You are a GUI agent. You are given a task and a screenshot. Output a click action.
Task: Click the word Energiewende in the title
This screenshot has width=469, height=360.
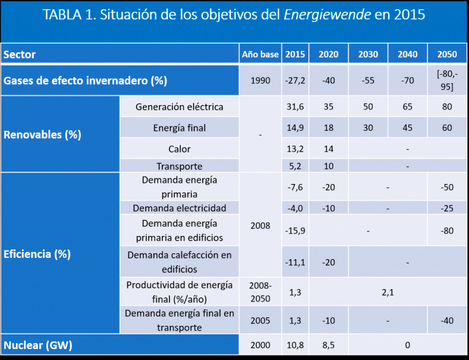point(327,15)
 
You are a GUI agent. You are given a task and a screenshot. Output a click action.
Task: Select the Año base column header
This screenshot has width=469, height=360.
point(260,54)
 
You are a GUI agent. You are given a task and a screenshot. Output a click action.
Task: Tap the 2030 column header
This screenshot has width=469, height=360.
point(368,54)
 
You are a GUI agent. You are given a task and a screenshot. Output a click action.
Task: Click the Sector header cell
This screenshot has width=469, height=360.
point(20,54)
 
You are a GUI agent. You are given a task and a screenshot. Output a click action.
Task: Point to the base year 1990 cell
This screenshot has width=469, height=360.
point(260,80)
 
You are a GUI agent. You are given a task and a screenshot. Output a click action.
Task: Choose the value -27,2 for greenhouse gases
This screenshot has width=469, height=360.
point(295,80)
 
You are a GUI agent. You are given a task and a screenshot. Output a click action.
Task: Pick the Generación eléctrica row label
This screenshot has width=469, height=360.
point(180,107)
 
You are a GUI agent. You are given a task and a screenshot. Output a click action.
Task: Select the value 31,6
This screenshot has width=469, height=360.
point(295,107)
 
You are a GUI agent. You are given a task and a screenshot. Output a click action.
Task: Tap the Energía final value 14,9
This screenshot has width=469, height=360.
point(295,128)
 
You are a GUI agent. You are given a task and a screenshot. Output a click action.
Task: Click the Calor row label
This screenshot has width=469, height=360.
point(180,149)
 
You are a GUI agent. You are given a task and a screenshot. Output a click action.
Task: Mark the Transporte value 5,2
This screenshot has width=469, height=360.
point(295,166)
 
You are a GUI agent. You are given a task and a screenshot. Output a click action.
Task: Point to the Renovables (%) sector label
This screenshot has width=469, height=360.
point(43,134)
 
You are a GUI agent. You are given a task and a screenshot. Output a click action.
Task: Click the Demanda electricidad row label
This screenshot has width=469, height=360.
point(180,208)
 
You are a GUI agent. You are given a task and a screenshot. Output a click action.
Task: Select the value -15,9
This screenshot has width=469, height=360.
point(295,230)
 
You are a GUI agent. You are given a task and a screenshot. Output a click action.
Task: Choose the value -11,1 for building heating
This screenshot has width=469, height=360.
point(295,262)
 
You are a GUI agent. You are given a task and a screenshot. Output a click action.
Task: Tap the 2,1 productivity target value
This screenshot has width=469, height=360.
point(387,292)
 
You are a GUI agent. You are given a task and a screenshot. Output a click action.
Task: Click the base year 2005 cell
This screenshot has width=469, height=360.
point(260,320)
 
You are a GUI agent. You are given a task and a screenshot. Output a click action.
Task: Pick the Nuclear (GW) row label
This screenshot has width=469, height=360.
point(38,345)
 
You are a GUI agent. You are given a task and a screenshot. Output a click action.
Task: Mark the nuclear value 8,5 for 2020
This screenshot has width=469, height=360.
point(328,345)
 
